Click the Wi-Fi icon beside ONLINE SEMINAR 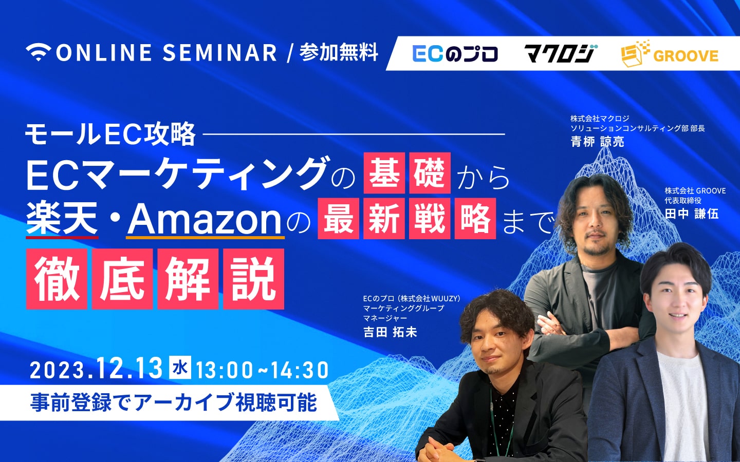39,52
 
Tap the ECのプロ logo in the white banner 455,54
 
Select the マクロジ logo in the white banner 560,53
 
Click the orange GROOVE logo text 686,55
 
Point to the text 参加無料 339,52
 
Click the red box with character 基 384,173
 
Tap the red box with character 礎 430,173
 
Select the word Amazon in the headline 205,219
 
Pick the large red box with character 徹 57,279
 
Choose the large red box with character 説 254,279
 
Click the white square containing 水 180,368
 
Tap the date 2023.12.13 96,369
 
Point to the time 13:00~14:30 263,370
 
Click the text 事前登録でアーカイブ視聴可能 174,402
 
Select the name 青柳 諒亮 597,142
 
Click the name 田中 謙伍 691,214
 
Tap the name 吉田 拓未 390,332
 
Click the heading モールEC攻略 110,134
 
